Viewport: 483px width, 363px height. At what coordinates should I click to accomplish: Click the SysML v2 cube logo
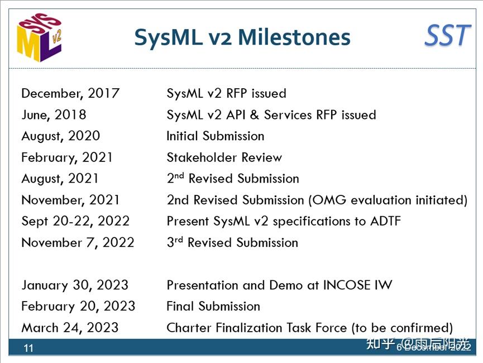40,37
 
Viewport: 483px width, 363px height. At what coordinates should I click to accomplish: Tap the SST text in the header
447,36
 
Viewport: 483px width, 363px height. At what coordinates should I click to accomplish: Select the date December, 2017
70,93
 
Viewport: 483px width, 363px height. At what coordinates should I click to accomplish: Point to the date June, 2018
54,114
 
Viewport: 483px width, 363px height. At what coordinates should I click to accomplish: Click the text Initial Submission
215,136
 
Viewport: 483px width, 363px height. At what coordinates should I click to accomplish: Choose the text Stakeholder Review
224,157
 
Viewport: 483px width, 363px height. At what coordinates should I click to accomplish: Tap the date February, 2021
67,157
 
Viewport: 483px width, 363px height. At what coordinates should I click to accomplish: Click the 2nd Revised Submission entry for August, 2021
232,179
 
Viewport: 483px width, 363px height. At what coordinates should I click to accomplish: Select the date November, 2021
70,200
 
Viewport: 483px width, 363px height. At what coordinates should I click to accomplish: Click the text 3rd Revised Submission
232,242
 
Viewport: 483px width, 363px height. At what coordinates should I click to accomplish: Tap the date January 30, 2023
75,285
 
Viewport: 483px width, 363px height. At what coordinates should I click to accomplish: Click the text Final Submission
213,306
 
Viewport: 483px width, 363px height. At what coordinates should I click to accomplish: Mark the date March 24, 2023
70,327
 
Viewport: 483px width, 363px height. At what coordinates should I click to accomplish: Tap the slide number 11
28,348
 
